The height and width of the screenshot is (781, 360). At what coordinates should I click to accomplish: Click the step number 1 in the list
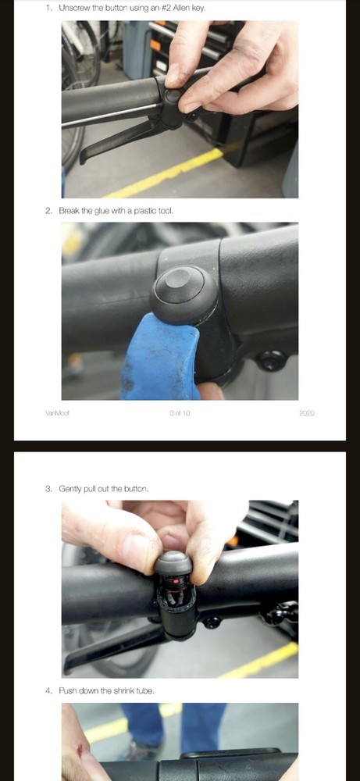tap(48, 8)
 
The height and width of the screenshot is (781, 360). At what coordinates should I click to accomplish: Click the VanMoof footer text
tap(57, 412)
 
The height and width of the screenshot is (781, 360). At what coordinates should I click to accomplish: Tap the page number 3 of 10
tap(180, 412)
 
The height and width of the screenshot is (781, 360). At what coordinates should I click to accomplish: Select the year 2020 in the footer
tap(306, 412)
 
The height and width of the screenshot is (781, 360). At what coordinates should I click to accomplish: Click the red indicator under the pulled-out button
tap(177, 583)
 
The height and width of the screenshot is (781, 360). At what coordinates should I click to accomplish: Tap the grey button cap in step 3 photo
tap(173, 564)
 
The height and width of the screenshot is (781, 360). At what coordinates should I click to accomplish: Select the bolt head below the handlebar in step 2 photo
tap(270, 361)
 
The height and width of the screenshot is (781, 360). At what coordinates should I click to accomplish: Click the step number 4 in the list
tap(48, 690)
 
